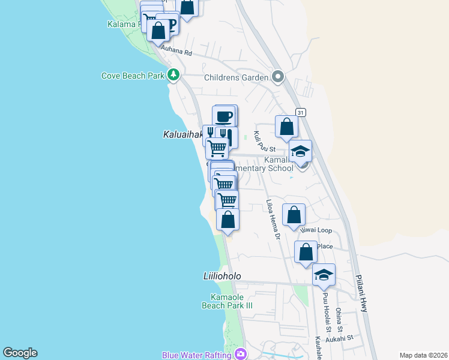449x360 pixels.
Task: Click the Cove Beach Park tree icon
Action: click(173, 75)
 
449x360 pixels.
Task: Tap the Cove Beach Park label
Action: click(133, 76)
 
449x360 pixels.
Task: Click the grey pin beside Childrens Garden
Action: click(277, 76)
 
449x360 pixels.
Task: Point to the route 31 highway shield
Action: click(301, 112)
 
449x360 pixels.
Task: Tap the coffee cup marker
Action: click(224, 116)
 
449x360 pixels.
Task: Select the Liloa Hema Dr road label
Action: click(273, 220)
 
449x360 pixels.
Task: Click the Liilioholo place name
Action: click(221, 276)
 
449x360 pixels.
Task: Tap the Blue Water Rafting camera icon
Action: click(240, 355)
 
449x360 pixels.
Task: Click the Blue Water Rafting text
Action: click(196, 355)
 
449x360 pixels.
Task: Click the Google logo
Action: click(20, 353)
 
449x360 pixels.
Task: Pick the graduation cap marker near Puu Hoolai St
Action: click(324, 275)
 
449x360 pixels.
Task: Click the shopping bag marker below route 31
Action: click(287, 127)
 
